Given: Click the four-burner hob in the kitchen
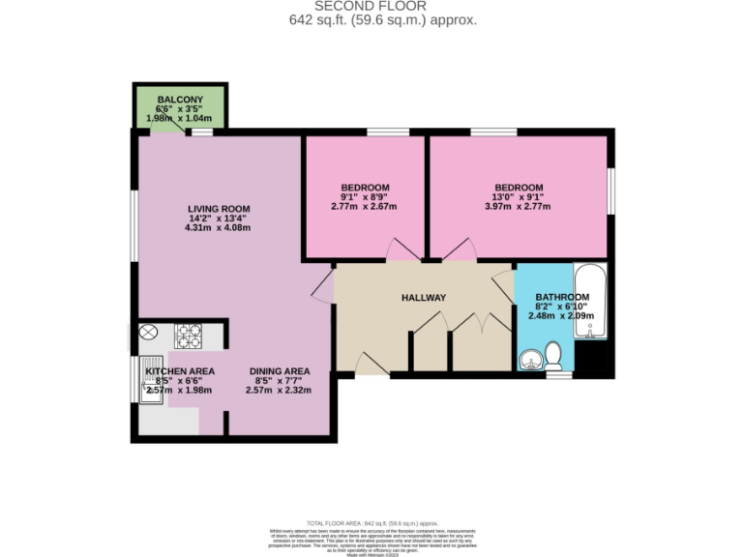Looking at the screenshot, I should (188, 337).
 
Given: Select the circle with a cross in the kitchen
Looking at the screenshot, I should (148, 334).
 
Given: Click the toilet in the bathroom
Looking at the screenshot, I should (554, 354).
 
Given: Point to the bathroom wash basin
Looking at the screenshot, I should (529, 360).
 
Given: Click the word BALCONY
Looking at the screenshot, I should (179, 100).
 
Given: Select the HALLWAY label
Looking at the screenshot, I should (424, 298).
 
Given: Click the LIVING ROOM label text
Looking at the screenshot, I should (219, 209).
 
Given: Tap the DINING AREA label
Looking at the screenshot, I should (280, 371).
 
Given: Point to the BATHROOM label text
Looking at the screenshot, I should (562, 297).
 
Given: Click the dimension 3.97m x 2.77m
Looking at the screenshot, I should (519, 207).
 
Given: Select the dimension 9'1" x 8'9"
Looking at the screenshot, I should (365, 197).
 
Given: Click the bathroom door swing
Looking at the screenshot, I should (504, 284).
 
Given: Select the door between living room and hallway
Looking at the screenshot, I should (321, 284).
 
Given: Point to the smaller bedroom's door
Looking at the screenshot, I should (399, 250).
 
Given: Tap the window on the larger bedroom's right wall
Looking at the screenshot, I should (610, 190).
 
